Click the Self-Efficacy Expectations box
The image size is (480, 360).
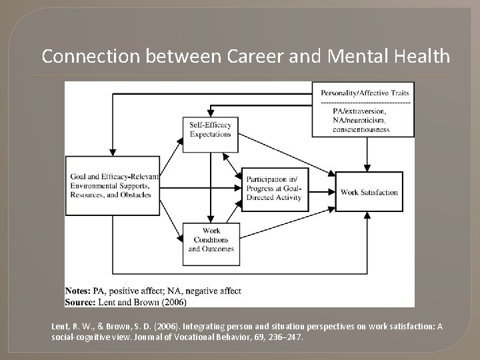point(210,130)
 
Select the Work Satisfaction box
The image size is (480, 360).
point(369,193)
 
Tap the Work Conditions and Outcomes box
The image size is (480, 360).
point(211,240)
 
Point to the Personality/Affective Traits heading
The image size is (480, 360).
point(365,92)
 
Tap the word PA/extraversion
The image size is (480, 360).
point(353,111)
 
